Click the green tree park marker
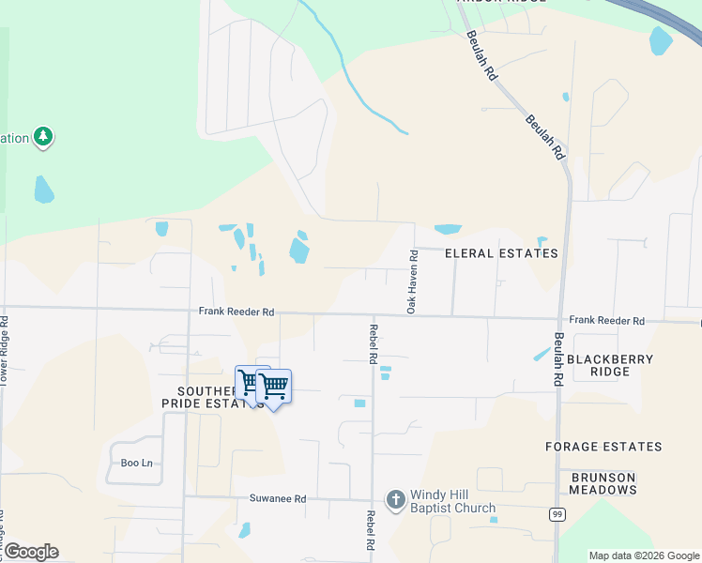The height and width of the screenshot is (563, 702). [42, 138]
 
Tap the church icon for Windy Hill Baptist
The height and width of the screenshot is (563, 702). [396, 500]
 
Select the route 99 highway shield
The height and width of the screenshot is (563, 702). [558, 514]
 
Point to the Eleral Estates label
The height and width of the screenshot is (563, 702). [501, 253]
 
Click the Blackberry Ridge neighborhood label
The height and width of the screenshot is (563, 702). [610, 365]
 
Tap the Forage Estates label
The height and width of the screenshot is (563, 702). [603, 447]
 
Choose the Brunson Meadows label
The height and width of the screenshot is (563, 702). [603, 483]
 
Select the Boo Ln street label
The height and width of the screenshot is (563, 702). [136, 463]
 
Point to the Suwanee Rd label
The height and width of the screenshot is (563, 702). [278, 499]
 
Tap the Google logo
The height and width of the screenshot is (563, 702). [30, 552]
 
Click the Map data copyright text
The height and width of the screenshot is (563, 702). [644, 555]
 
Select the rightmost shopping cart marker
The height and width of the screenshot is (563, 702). [274, 386]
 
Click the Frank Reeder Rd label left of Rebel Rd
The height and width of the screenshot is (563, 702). [236, 312]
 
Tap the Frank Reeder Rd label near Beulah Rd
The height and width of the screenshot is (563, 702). [606, 321]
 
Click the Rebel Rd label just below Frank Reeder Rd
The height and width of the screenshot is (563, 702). [373, 344]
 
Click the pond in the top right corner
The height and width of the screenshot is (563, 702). [661, 39]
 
